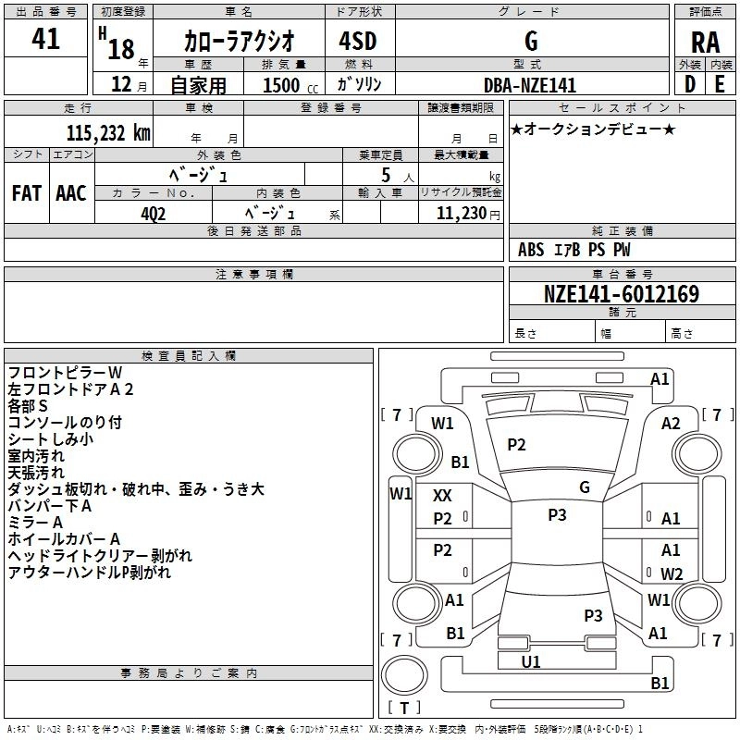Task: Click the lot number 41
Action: point(45,39)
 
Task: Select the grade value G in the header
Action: point(531,40)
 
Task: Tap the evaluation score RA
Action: point(705,42)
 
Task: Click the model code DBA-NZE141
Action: point(530,85)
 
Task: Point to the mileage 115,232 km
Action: point(108,132)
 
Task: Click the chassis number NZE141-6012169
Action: point(621,294)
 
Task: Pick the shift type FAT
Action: point(26,193)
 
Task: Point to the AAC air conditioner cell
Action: point(70,193)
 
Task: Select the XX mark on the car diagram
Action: point(443,496)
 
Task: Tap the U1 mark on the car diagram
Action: point(531,662)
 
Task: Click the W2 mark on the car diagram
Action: point(671,574)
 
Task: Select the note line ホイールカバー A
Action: point(64,539)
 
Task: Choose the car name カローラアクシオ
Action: point(239,41)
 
